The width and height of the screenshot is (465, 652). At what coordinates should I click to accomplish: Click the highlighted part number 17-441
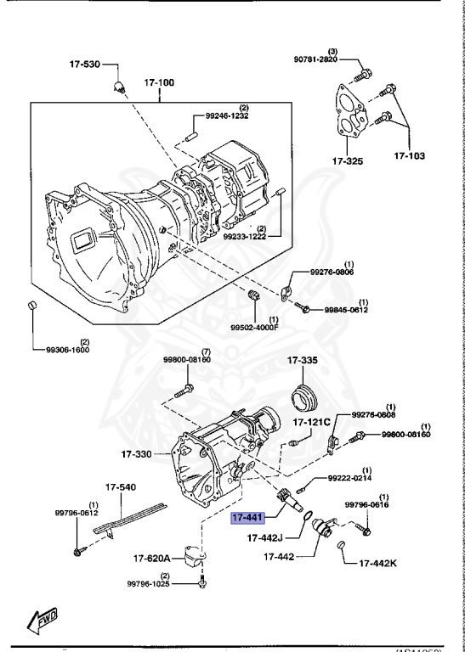click(247, 517)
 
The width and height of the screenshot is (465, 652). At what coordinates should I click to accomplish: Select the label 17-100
click(158, 83)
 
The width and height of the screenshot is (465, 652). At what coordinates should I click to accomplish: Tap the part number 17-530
click(84, 64)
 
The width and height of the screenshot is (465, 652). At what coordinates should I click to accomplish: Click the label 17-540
click(120, 487)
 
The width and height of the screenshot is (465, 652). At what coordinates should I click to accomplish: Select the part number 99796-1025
click(151, 584)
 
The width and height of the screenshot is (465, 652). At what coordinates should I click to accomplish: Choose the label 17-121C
click(313, 422)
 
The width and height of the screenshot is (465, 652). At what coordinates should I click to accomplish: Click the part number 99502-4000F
click(254, 326)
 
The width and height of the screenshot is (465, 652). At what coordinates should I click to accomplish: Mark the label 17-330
click(136, 454)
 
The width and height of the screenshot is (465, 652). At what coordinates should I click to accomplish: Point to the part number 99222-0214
click(353, 478)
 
